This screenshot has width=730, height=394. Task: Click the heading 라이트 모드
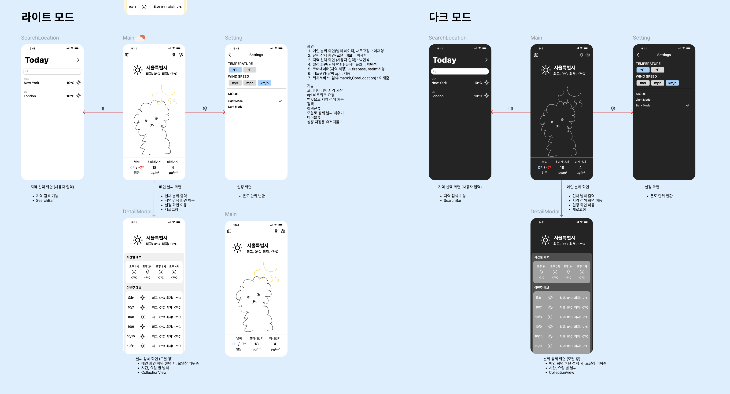coord(48,17)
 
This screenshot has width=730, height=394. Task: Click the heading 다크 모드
coord(450,17)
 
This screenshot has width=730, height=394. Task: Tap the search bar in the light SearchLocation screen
coord(52,71)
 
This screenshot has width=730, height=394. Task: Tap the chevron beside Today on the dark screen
coord(486,60)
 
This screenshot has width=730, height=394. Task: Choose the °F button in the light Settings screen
coord(249,70)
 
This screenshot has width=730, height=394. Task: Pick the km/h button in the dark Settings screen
coord(672,83)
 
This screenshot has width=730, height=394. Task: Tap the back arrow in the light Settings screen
coord(230,55)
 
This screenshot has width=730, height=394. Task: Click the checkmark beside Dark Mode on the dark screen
coord(688,105)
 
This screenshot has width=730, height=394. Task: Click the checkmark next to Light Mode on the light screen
coord(280,101)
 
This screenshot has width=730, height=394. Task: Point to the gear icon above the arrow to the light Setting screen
coord(205,109)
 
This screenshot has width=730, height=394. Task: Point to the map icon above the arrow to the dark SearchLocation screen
coord(511,109)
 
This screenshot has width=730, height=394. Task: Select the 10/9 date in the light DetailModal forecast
coord(131,327)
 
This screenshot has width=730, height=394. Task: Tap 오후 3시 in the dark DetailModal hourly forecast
coord(568,266)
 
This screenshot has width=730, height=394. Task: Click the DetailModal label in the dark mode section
coord(545,212)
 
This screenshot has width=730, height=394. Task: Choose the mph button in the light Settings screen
coord(250,83)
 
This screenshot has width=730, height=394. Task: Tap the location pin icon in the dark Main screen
coord(581,55)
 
